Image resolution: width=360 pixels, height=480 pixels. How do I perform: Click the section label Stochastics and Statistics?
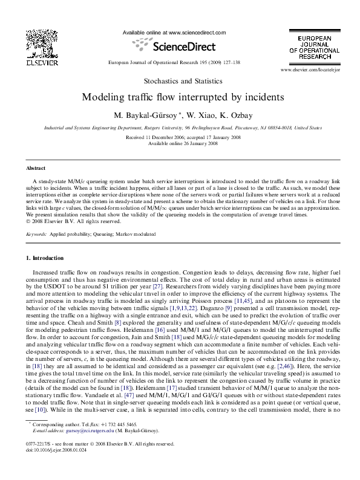(179, 81)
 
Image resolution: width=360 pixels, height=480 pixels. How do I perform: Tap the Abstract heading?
(36, 168)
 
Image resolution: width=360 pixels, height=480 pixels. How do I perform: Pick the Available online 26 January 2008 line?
(179, 143)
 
